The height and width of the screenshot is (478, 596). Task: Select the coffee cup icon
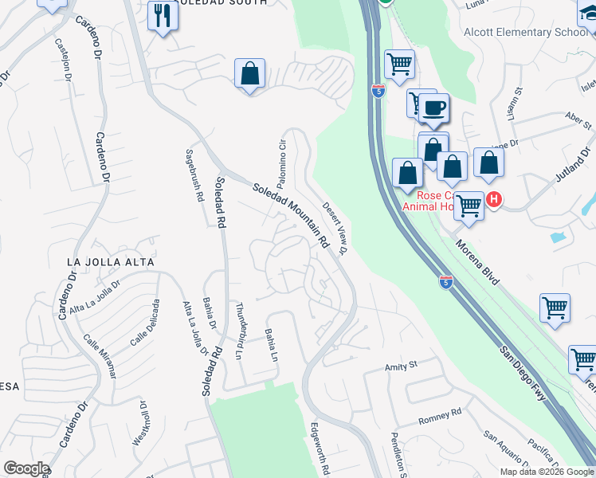433,108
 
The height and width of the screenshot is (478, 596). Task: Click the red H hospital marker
494,199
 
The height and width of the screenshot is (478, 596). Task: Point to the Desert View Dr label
336,228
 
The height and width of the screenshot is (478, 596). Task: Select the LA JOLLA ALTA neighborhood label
111,261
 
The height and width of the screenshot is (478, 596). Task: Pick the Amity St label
402,366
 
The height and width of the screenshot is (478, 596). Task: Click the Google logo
25,468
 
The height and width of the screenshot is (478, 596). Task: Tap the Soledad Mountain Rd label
291,214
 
